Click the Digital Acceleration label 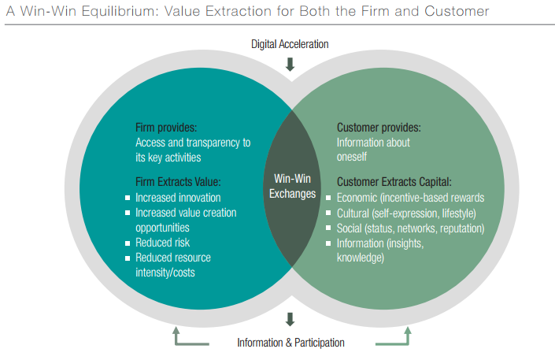pyautogui.click(x=290, y=44)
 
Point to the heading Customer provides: pyautogui.click(x=379, y=128)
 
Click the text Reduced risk pyautogui.click(x=162, y=243)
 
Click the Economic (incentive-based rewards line pyautogui.click(x=410, y=198)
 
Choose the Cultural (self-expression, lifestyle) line pyautogui.click(x=406, y=213)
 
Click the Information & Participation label pyautogui.click(x=290, y=343)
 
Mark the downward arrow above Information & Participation pyautogui.click(x=290, y=319)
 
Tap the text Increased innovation pyautogui.click(x=178, y=198)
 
